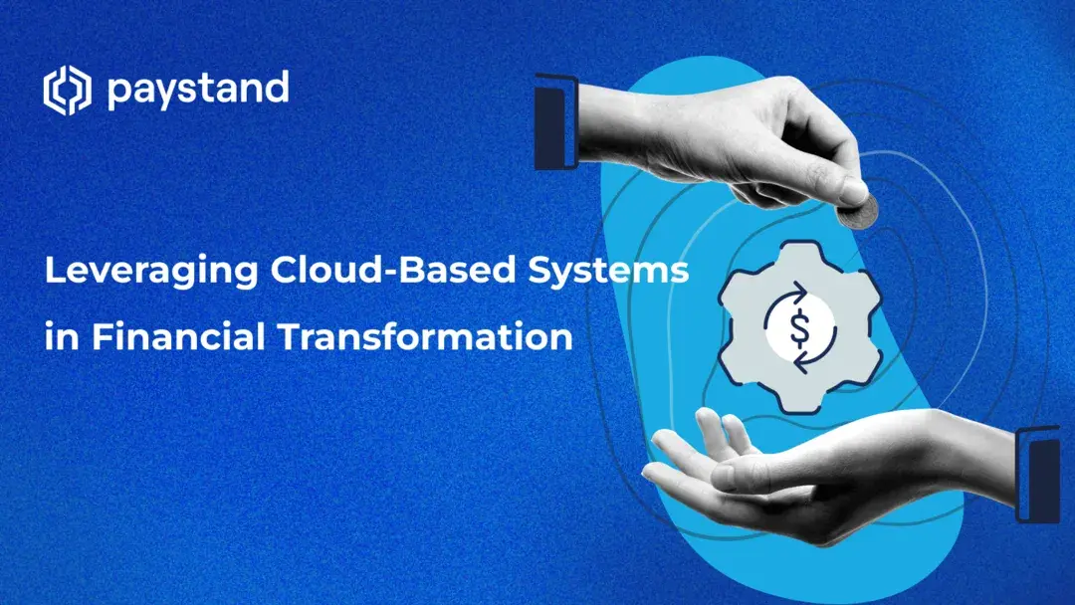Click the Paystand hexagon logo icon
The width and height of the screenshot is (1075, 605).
click(67, 91)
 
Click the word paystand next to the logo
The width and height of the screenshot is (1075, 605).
click(196, 91)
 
